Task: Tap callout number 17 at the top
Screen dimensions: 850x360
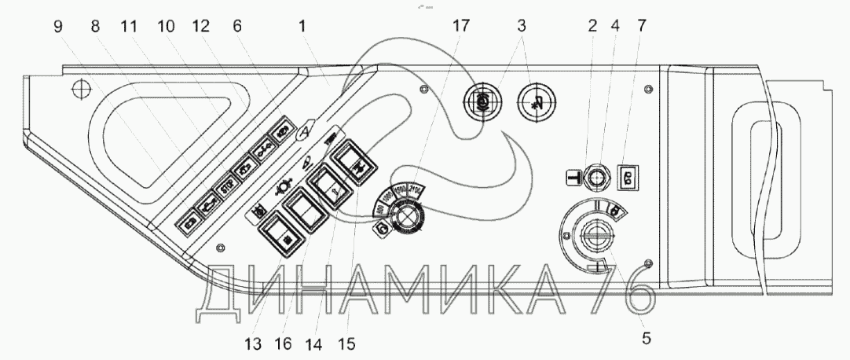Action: [461, 25]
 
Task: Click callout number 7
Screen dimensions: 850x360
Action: [643, 25]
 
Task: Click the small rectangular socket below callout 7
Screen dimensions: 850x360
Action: [628, 176]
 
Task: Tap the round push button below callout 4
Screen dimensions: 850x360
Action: [598, 176]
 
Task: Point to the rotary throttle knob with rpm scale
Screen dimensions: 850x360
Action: [407, 213]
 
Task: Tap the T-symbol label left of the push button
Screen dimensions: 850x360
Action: [574, 177]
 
